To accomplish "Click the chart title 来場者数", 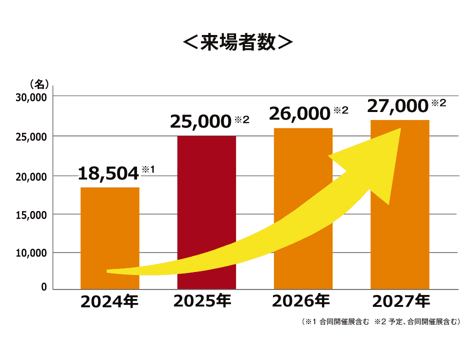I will [237, 42].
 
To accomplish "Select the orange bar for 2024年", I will [110, 225].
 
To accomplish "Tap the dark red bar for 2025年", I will [206, 200].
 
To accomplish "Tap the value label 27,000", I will [398, 106].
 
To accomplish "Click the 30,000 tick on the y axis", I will [30, 97].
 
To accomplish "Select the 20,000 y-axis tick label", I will [30, 176].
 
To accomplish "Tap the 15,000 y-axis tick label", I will [30, 215].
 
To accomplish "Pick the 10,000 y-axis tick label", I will [30, 253].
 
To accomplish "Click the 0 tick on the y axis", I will [44, 287].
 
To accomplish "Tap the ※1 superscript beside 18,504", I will [148, 169].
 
